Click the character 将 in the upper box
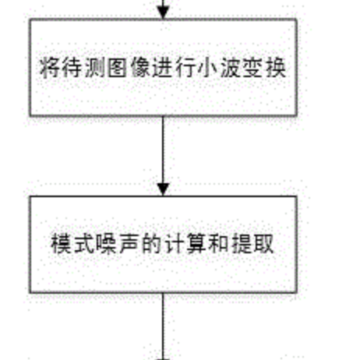coord(49,68)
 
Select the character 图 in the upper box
coord(117,68)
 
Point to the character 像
coord(139,68)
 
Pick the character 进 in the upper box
coord(162,68)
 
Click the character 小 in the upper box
coord(207,68)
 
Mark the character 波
coord(230,68)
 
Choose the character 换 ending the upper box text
coord(276,68)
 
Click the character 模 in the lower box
coord(61,243)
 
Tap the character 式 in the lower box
coord(83,243)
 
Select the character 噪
coord(106,243)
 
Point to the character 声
coord(129,243)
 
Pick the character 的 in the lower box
coord(151,243)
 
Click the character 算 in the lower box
coord(196,243)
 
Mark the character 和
coord(219,243)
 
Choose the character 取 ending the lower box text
coord(264,243)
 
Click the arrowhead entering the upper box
coord(163,12)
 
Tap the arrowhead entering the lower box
coord(163,189)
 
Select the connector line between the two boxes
coord(163,156)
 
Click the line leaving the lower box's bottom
coord(163,326)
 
